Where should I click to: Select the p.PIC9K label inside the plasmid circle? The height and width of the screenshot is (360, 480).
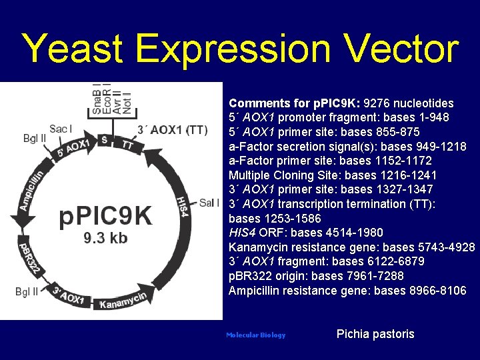coord(106,216)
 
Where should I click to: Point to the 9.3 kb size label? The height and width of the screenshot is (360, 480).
coord(105,238)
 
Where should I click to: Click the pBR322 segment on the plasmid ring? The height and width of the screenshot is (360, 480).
coord(31,257)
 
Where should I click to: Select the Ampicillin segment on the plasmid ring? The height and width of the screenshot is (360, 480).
coord(32,190)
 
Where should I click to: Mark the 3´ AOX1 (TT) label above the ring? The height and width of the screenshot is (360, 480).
coord(172,129)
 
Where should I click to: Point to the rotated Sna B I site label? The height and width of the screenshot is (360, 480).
coord(97,100)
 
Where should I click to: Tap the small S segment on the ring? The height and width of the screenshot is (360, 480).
coord(103,139)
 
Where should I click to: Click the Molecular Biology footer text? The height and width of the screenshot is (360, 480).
coord(255,335)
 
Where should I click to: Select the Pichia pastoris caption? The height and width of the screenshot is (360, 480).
coord(375,334)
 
